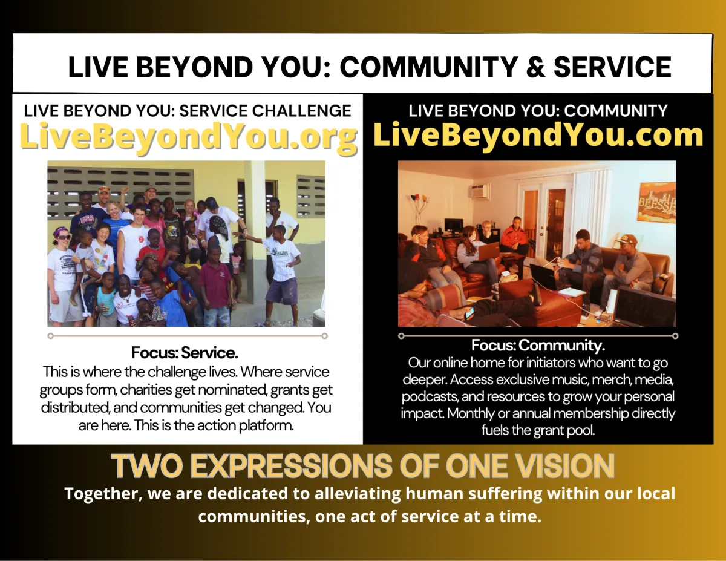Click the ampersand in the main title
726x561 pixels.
tap(535, 68)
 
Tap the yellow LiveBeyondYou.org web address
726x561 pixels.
tap(189, 137)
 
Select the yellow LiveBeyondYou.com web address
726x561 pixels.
tap(538, 136)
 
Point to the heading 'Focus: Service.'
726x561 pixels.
tap(185, 352)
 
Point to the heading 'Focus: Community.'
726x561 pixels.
tap(538, 345)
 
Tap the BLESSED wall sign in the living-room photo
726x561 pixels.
tap(656, 202)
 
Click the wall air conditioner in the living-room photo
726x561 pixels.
tap(480, 191)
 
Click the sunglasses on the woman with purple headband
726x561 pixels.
tap(64, 238)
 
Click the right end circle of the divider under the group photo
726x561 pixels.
tap(324, 336)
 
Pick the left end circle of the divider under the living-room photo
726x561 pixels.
tap(401, 336)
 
